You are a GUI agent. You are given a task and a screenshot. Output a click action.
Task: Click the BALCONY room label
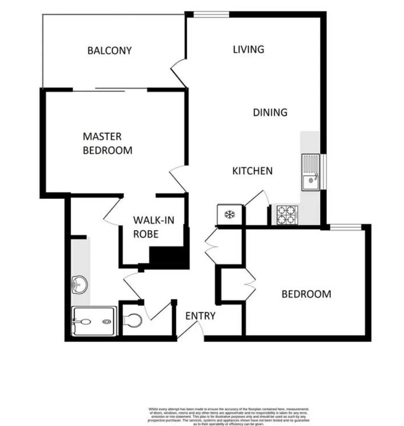click(109, 51)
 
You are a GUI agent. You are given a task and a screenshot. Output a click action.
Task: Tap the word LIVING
click(249, 49)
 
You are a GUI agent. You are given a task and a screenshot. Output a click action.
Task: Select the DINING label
click(270, 113)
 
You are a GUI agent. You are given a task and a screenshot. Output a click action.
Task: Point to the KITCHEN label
click(252, 171)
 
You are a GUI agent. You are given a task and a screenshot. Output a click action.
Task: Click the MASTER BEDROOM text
click(107, 143)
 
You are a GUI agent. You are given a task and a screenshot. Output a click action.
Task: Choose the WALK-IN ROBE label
click(153, 227)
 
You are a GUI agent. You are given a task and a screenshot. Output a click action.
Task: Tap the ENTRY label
click(200, 316)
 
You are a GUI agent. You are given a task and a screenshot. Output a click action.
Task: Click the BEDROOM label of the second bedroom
click(306, 294)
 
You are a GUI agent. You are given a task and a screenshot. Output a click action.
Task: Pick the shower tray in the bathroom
click(94, 321)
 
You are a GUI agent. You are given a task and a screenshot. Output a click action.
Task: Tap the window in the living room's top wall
click(211, 15)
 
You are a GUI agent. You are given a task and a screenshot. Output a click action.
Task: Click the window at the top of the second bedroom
click(346, 227)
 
